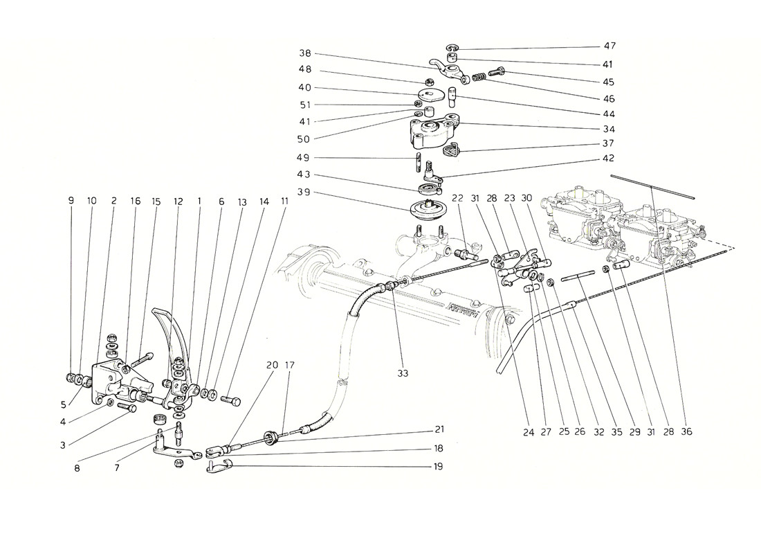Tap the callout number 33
403,373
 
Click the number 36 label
686,431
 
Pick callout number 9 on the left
71,201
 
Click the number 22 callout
459,197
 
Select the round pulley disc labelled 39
424,208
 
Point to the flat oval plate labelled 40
428,93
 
